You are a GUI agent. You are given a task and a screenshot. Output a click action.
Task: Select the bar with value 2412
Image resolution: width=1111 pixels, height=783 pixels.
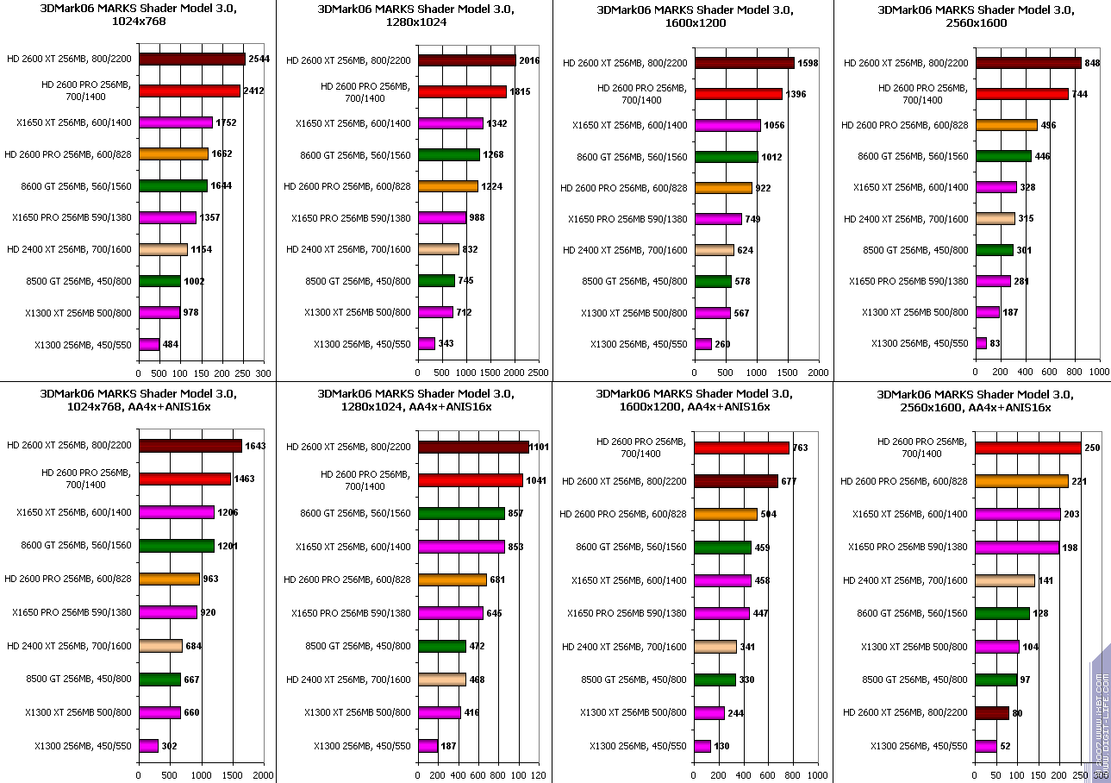(189, 91)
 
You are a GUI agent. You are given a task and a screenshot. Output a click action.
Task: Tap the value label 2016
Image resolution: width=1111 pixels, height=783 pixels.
(530, 60)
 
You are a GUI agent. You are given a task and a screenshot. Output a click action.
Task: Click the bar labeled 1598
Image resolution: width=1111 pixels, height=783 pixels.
(744, 63)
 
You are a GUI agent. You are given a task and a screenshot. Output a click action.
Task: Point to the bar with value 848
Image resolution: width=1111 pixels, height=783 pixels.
(1027, 63)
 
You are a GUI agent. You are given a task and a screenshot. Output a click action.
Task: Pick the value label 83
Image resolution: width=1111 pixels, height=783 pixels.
(996, 343)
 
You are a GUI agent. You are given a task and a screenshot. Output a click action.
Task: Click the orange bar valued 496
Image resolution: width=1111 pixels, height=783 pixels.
(1006, 125)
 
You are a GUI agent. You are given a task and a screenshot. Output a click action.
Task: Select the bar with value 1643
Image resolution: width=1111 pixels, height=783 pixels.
(190, 446)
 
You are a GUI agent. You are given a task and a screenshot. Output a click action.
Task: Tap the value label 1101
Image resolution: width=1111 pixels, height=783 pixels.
(540, 447)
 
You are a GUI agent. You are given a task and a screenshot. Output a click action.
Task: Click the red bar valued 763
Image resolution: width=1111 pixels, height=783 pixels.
(741, 448)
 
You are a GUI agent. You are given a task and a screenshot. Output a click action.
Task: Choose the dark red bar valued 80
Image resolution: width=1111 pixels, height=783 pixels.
(991, 713)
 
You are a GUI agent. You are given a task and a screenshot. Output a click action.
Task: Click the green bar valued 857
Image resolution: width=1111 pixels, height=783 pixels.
(461, 513)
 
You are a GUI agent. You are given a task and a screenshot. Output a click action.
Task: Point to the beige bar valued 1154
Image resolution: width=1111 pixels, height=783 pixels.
(163, 249)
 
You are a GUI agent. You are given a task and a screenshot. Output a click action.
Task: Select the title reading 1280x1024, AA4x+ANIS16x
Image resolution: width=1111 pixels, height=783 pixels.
(415, 400)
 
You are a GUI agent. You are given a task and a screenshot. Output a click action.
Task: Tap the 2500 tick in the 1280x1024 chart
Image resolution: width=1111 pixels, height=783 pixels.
(538, 373)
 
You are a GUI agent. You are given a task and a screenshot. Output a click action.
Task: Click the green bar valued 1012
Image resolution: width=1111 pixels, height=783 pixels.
(726, 157)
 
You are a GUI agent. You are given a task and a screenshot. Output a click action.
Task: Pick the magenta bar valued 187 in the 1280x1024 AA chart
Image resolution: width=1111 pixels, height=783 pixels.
(428, 745)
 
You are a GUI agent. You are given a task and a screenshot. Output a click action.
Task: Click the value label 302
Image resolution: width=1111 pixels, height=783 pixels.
(171, 745)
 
